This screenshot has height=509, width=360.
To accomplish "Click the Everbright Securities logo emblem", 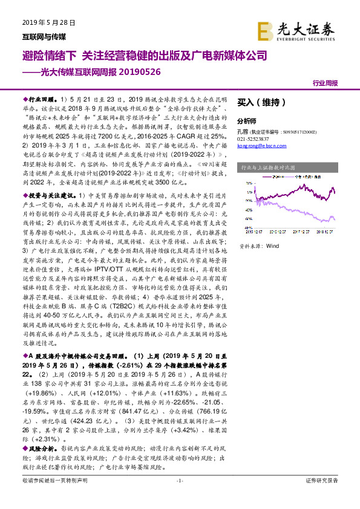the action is [265, 30].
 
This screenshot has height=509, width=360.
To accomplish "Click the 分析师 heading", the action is [247, 121].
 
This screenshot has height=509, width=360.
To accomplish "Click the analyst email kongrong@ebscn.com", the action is [261, 145].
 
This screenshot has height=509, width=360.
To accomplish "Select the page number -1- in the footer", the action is [179, 498].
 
